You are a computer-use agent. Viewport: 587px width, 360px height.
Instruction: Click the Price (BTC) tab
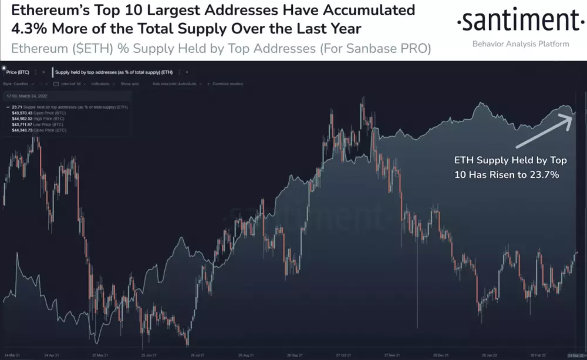[x=19, y=72]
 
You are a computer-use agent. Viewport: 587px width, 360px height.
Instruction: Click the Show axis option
[x=130, y=84]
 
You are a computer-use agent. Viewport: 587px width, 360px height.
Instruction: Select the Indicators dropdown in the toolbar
[x=100, y=84]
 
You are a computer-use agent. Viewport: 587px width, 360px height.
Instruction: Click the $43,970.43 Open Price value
[x=23, y=113]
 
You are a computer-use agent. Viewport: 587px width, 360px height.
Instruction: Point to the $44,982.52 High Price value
[x=23, y=119]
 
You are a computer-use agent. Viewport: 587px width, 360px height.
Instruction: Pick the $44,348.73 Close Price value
[x=23, y=130]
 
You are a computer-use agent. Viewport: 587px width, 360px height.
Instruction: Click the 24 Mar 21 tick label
[x=14, y=356]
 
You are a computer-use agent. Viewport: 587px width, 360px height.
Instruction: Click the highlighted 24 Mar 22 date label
[x=576, y=356]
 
